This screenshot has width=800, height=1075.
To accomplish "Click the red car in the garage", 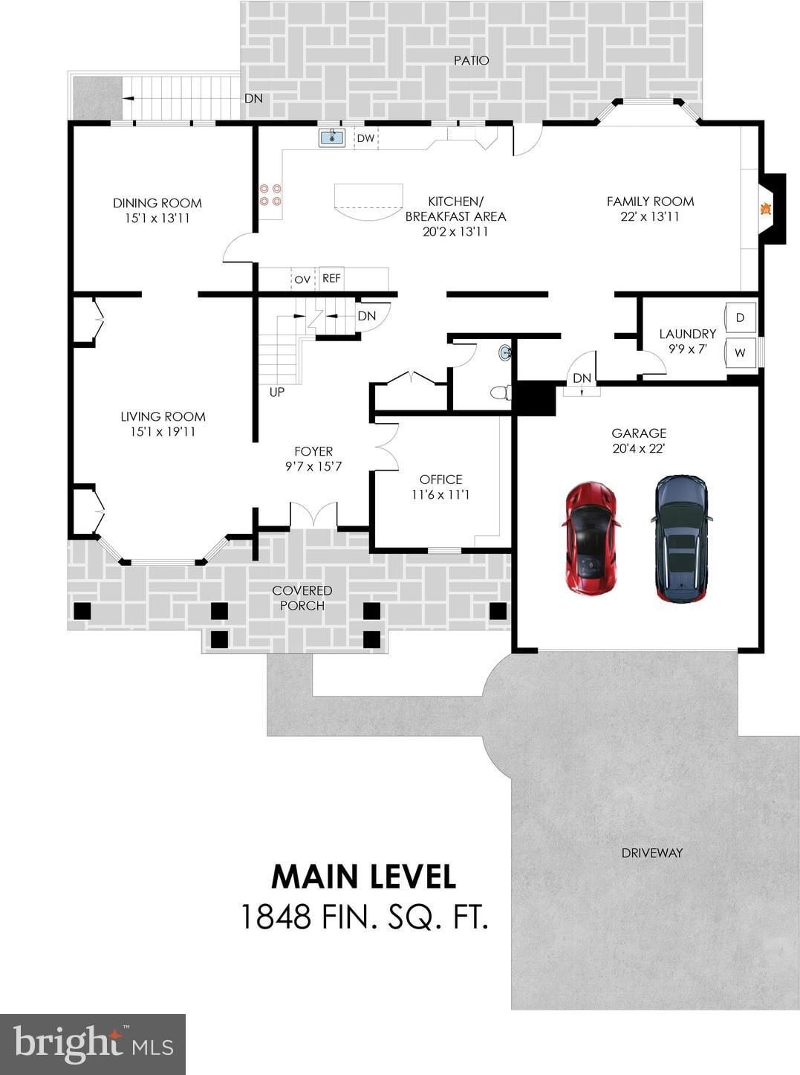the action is (x=591, y=537).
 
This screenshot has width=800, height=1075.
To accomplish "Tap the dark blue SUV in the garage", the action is (x=682, y=538).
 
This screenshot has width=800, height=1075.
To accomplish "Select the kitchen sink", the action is (x=332, y=138).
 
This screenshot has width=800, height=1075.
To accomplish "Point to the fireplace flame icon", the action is (x=766, y=210).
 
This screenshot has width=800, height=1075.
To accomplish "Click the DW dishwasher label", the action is (x=365, y=138).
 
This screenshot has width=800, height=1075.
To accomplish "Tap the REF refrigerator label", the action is (x=331, y=278).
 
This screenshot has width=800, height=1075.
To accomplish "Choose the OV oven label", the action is (x=302, y=280).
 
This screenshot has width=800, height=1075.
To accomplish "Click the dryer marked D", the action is (x=740, y=317).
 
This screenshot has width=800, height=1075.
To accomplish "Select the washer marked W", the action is (x=740, y=353).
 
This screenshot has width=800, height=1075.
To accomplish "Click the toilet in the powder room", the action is (x=501, y=392).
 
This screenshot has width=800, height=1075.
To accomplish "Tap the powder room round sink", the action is (x=505, y=352).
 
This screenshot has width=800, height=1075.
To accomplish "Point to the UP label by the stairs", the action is (x=277, y=392).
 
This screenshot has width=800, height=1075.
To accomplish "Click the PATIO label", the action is (x=471, y=60).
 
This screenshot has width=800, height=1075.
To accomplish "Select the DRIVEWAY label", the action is (x=652, y=853).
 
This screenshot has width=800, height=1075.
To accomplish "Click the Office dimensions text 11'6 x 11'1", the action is (x=440, y=495).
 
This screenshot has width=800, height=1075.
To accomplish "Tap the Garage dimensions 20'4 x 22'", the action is (x=639, y=449).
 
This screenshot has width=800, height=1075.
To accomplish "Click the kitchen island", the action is (x=368, y=201).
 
